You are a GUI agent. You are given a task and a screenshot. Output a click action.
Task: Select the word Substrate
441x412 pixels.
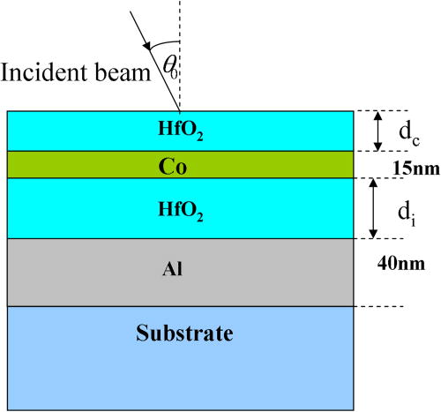pos(184,333)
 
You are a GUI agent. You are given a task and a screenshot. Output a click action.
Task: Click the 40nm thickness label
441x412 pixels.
pos(407,262)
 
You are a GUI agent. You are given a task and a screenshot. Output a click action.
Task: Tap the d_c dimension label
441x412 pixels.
pos(407,132)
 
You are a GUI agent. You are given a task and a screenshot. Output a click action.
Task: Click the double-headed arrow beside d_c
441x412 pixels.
pos(378,131)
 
